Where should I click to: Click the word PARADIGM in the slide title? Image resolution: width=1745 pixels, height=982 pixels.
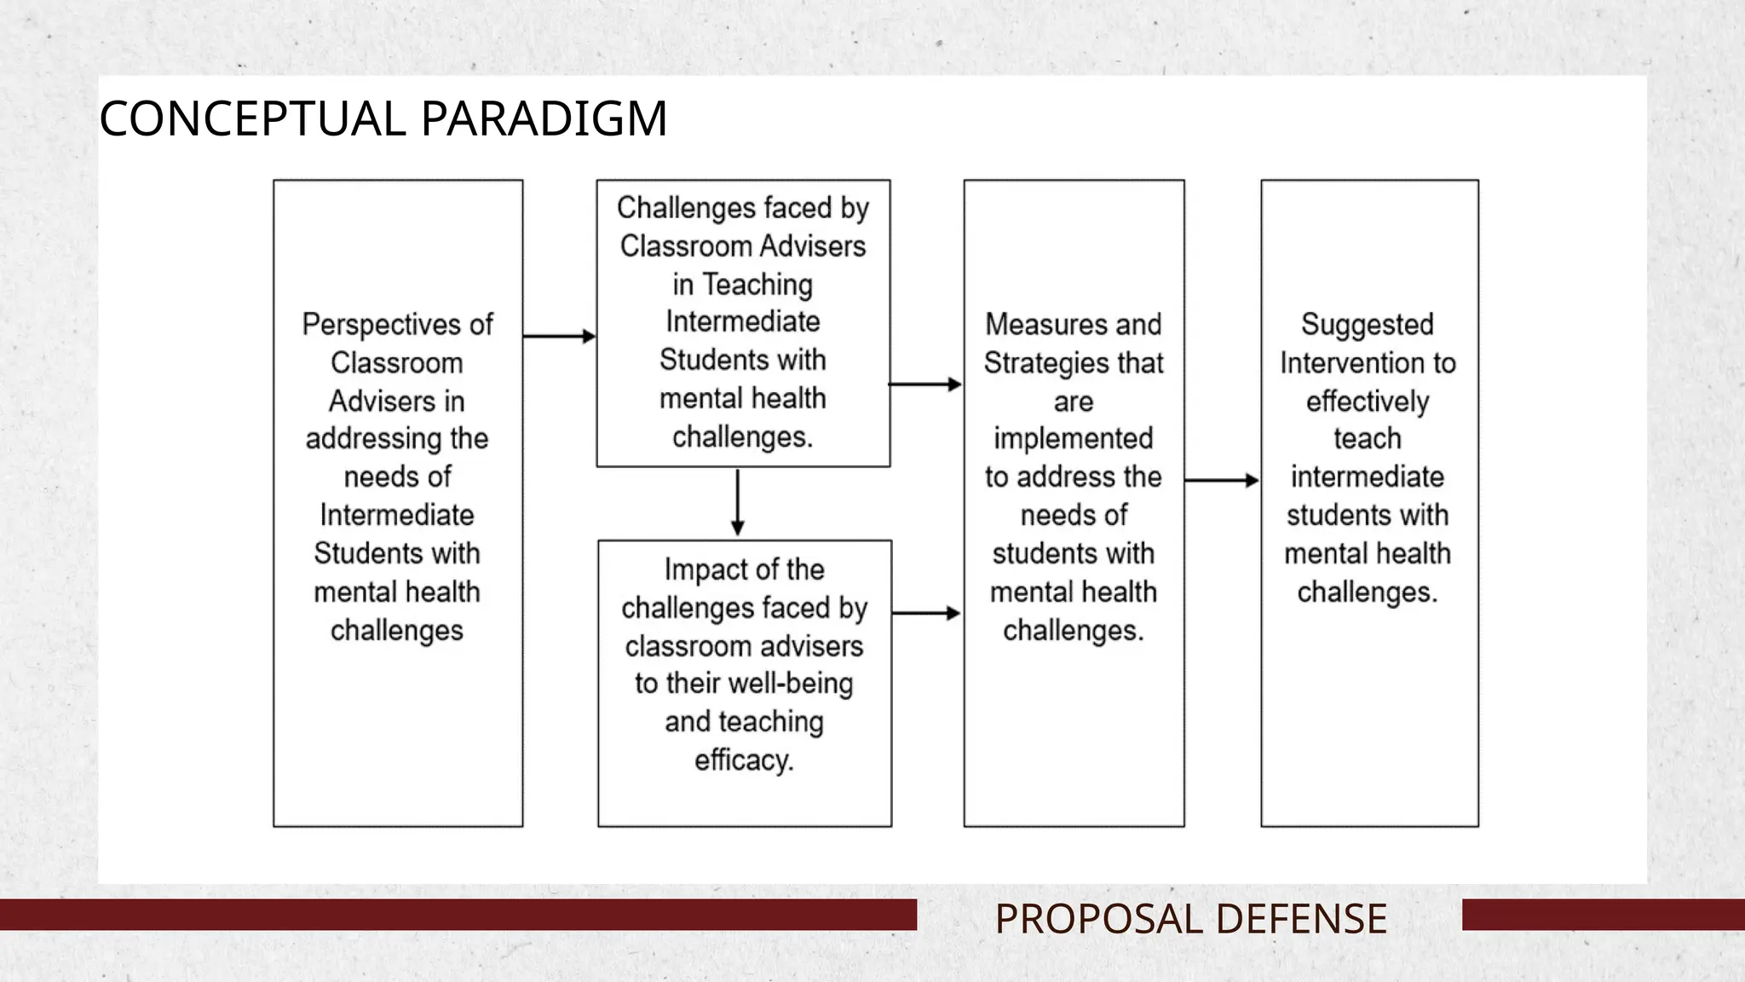click(x=544, y=118)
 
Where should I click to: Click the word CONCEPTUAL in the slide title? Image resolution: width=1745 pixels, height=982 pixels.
click(x=252, y=118)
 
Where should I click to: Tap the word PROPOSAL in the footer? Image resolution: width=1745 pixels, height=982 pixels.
click(x=1098, y=919)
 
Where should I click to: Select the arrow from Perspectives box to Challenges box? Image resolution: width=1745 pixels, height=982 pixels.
click(x=559, y=336)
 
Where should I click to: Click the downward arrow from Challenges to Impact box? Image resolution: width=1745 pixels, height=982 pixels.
click(x=738, y=503)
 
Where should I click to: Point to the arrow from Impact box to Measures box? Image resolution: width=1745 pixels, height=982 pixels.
click(x=926, y=613)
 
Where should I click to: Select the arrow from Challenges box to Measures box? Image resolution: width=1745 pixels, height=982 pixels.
click(x=925, y=384)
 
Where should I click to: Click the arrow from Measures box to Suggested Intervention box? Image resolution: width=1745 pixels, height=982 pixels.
click(x=1221, y=481)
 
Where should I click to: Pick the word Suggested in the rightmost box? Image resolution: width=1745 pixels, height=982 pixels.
click(x=1367, y=325)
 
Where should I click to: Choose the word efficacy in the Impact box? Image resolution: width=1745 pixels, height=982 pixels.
click(x=743, y=760)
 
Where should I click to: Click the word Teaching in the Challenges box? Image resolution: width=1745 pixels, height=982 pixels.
click(x=757, y=285)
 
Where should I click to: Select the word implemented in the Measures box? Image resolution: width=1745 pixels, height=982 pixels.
click(x=1073, y=439)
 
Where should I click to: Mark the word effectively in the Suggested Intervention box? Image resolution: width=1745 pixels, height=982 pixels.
click(x=1367, y=401)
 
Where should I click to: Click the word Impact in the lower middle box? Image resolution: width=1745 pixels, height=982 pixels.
click(x=696, y=569)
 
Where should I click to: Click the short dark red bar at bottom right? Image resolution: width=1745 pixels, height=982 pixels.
click(x=1602, y=915)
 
